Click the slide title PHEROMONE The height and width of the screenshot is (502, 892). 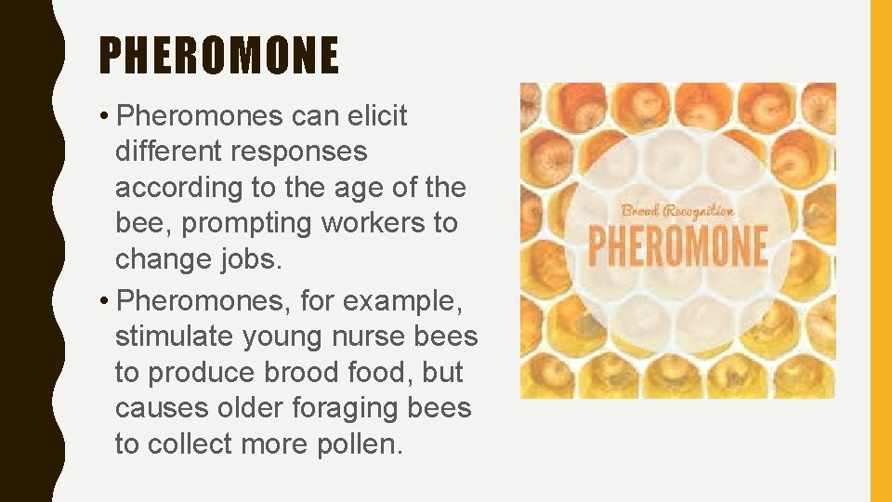point(219,56)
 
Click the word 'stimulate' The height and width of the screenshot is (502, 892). point(177,337)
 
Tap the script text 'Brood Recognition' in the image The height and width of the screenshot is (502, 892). point(678,211)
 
